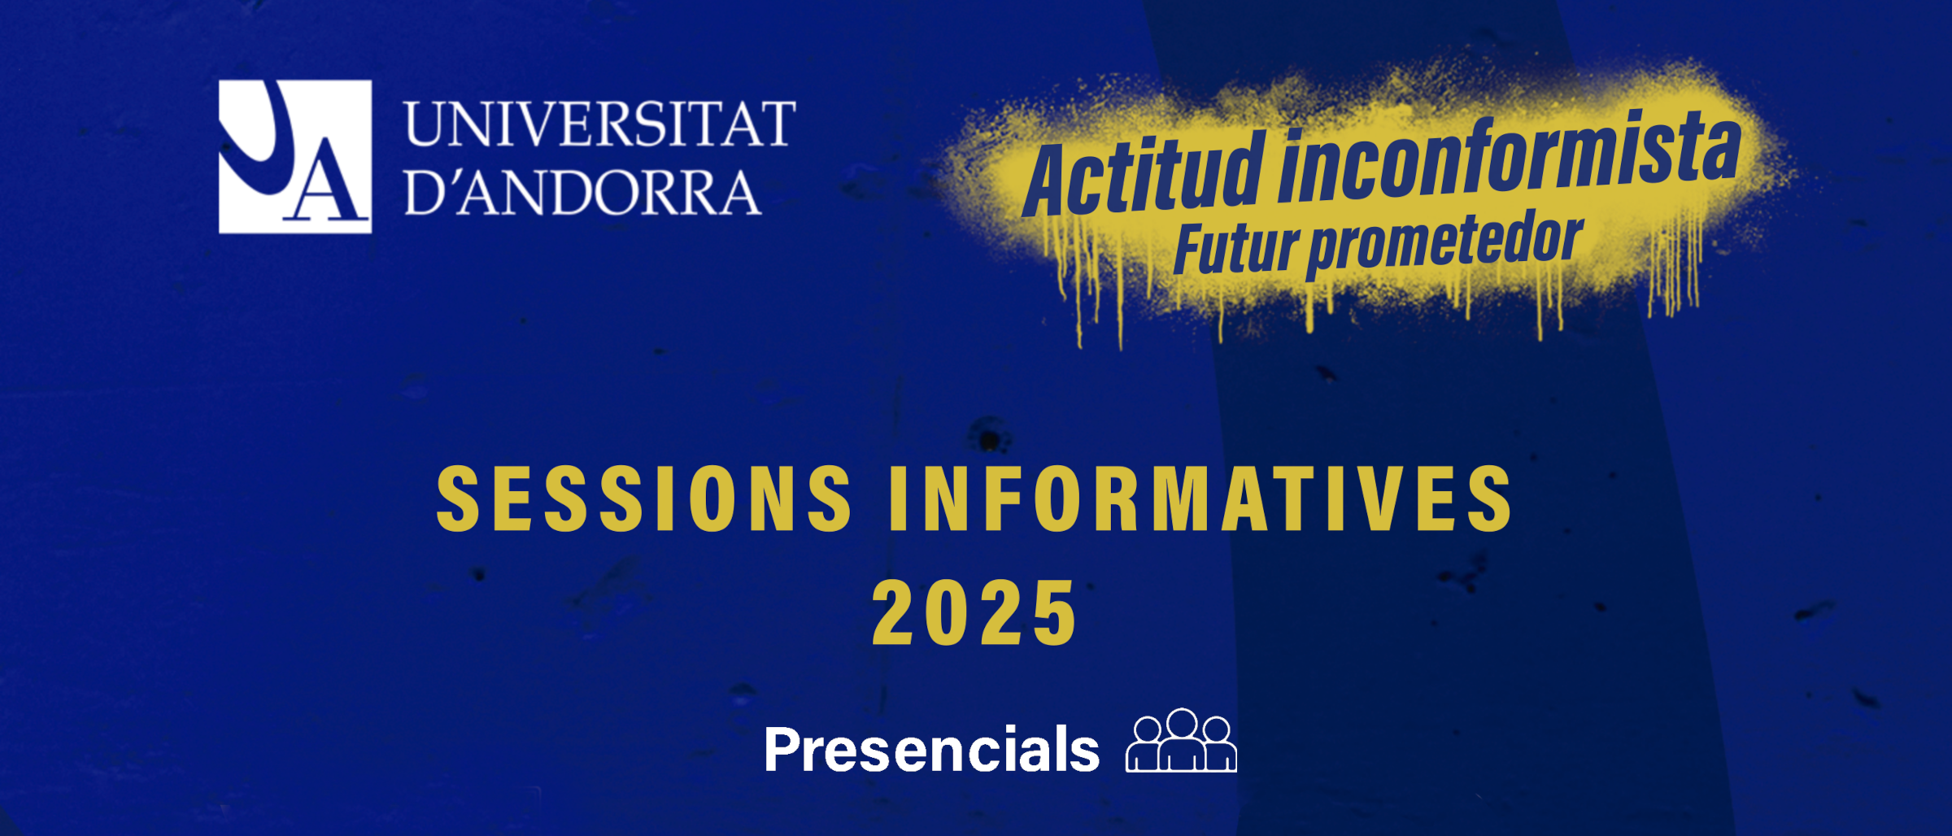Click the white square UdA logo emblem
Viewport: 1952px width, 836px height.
pos(295,156)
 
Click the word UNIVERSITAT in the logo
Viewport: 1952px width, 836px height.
pos(600,124)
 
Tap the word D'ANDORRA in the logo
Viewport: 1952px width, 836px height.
pos(583,193)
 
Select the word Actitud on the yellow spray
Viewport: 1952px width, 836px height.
pos(1143,176)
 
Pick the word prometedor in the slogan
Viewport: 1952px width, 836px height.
pos(1445,244)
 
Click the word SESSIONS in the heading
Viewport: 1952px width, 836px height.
pos(644,499)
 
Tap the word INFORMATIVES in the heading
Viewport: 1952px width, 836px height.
pos(1201,499)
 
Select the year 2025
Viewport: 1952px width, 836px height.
pos(974,613)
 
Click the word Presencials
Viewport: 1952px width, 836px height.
pos(932,749)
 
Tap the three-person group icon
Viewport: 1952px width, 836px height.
pos(1181,740)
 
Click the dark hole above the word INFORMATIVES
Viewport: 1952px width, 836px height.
pos(990,440)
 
